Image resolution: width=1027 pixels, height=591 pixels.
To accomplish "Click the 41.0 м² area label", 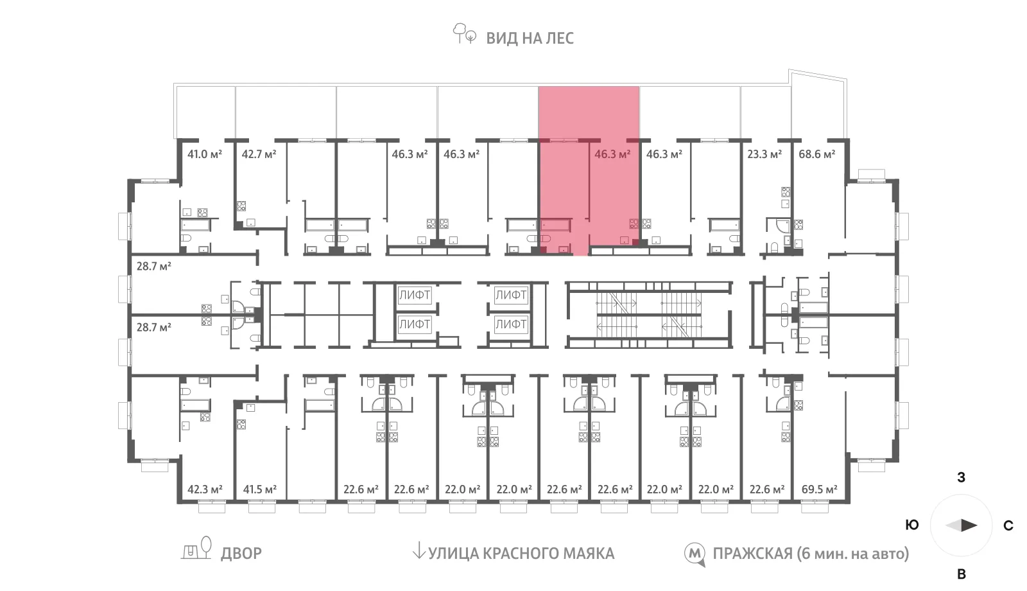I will coord(204,154).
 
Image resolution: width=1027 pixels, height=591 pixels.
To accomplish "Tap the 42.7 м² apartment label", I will coord(259,154).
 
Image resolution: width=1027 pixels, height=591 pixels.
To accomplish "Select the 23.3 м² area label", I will coord(764,154).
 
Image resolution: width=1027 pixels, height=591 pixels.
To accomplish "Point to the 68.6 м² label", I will coord(816,154).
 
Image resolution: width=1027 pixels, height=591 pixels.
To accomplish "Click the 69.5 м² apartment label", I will coord(819,490).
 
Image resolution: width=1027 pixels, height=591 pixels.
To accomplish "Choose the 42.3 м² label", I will coord(204,490).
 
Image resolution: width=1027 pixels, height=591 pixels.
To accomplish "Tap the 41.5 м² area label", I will coord(259,490).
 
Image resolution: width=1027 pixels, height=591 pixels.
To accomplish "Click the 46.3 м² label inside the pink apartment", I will coord(612,154).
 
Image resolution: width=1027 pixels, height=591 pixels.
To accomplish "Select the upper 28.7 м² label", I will coord(153,266).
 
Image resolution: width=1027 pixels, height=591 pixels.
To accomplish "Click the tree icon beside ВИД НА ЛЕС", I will coord(465,33).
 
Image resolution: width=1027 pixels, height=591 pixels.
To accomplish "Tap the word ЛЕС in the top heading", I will coord(560,38).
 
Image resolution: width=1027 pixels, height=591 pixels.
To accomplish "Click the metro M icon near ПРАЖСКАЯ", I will coord(695,554).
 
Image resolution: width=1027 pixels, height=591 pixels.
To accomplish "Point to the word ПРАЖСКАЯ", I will coord(752,554).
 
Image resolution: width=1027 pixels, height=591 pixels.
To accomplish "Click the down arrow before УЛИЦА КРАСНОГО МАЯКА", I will coord(419,551).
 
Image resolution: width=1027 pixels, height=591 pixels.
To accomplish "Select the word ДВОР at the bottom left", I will coord(241,554).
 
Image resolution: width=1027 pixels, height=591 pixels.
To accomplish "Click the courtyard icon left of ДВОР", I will coord(197,549).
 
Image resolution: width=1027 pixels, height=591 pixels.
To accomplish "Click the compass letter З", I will coord(961,478).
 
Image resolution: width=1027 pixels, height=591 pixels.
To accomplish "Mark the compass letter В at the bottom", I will coord(961,574).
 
